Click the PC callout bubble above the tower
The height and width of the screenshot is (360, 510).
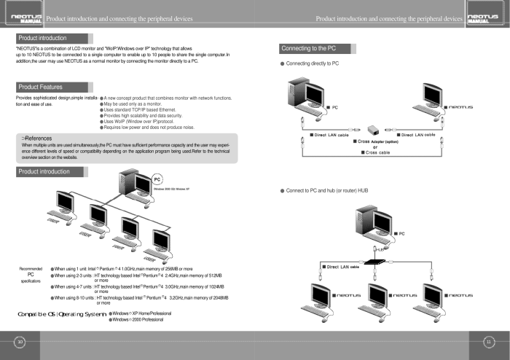[x=157, y=179]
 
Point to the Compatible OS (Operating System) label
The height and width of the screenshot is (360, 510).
[x=61, y=314]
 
